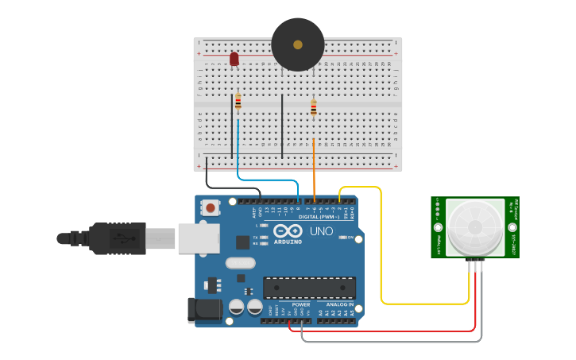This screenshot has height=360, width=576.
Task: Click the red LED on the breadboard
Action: pos(234,59)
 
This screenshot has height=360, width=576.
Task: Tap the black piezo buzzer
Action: pos(298,45)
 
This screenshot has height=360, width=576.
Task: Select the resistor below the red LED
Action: pos(238,102)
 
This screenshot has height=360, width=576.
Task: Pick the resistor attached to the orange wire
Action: pos(313,108)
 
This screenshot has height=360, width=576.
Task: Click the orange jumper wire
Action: pos(314,167)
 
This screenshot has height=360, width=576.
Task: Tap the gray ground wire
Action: pos(397,342)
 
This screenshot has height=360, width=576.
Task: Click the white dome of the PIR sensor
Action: pos(474,227)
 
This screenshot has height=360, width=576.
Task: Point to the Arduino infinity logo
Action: pos(287,231)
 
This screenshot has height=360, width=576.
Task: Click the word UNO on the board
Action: pos(321,231)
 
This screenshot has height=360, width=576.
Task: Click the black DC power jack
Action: pos(203,310)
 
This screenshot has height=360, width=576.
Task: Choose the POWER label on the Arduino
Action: pos(301,304)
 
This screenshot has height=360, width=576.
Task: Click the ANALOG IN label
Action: pos(339,304)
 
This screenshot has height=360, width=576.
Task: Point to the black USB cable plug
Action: pos(119,238)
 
